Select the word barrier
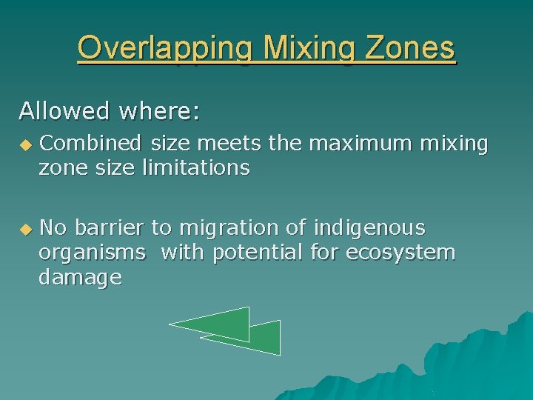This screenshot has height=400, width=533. [x=110, y=227]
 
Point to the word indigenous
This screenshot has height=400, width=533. [x=369, y=227]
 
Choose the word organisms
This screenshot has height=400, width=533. [x=93, y=253]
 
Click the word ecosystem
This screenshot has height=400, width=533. [x=400, y=253]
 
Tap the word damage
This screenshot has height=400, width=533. [x=81, y=278]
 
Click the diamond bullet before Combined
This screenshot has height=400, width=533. [x=26, y=144]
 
